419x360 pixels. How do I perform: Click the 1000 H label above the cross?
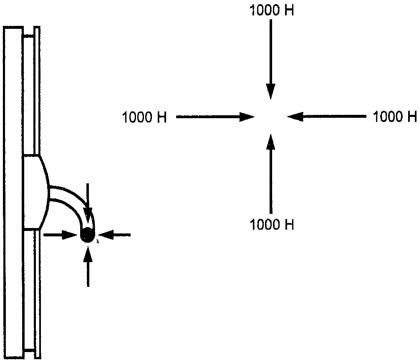(x=272, y=11)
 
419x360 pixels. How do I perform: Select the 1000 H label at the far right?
(x=395, y=117)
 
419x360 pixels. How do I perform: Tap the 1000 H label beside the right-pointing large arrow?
(x=144, y=117)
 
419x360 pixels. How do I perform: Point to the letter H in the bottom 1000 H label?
(x=289, y=224)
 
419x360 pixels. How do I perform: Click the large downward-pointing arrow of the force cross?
(x=270, y=59)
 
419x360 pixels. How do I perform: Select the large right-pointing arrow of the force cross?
(x=215, y=117)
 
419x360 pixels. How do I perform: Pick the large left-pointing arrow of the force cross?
(x=326, y=117)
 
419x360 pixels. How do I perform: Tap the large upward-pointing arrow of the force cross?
(x=271, y=174)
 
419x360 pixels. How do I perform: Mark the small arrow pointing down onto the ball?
(x=88, y=200)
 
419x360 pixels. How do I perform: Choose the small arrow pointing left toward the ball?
(x=116, y=235)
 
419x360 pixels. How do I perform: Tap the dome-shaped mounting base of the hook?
(x=36, y=192)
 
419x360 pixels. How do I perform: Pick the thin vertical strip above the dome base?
(x=37, y=90)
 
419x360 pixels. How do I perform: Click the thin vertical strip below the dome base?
(x=38, y=294)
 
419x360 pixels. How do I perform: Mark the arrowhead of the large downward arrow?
(x=270, y=91)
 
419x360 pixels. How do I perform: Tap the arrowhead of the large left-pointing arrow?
(x=295, y=117)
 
